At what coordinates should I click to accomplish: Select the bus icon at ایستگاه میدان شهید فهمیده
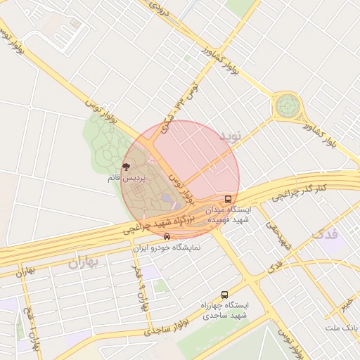tap(229, 199)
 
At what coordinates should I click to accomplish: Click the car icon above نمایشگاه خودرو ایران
tap(166, 237)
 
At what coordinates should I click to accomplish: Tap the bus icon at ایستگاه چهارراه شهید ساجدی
tap(224, 295)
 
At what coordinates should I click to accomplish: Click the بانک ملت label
tap(342, 328)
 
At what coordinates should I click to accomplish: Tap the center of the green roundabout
tap(287, 106)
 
